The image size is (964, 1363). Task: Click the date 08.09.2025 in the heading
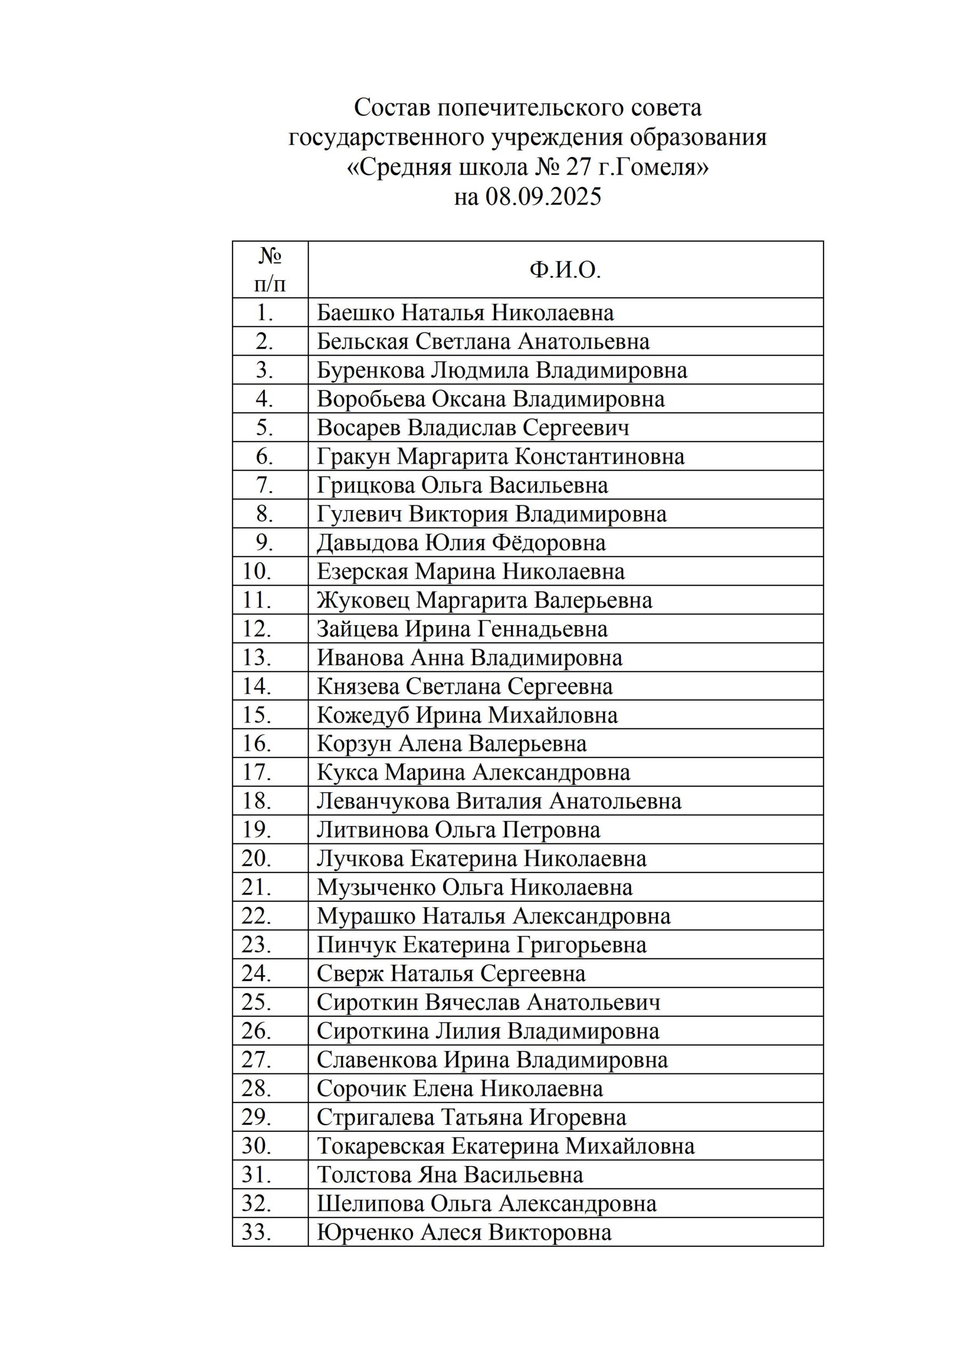tap(542, 196)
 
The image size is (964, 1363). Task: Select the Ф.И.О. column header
tap(565, 270)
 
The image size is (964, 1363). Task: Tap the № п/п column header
tap(270, 270)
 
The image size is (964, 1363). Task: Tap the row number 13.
tap(257, 658)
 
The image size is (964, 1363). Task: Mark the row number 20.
tap(257, 859)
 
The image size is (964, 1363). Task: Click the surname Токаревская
tap(380, 1146)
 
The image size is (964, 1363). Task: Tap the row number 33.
tap(257, 1233)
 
